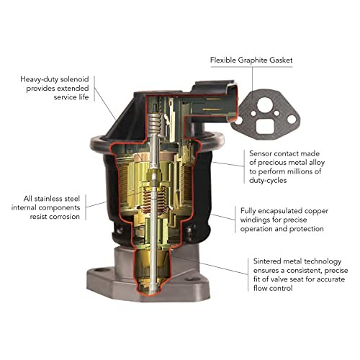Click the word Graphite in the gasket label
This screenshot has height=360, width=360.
[253, 60]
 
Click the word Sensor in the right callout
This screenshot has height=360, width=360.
[261, 153]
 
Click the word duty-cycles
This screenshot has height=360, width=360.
[268, 181]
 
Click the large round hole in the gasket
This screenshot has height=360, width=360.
[265, 104]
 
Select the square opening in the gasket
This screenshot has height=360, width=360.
[265, 126]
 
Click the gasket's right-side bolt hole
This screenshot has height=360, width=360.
[292, 120]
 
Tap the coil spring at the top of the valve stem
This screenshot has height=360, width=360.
[155, 123]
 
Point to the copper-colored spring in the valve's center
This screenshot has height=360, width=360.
[153, 199]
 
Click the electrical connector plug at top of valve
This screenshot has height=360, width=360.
[215, 100]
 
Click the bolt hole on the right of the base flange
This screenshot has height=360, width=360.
[192, 279]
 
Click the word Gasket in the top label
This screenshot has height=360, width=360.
[281, 60]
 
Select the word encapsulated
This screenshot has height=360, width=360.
[273, 212]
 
